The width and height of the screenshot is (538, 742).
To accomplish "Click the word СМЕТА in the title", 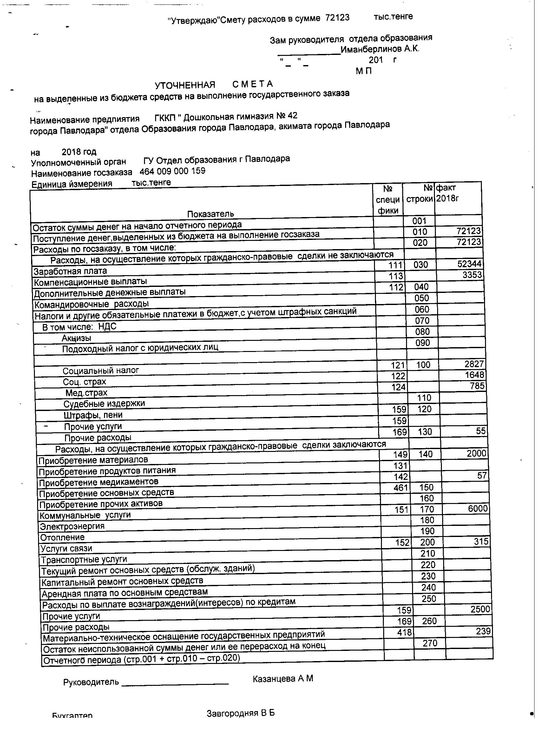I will point(253,84).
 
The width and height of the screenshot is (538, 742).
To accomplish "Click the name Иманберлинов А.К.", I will point(380,50).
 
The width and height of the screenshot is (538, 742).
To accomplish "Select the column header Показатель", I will point(210,214).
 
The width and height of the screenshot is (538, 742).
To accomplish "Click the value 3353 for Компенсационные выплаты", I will point(472,275).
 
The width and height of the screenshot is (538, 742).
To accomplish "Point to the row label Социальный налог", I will point(101,371).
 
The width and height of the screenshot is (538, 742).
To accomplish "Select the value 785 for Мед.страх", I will point(477,386).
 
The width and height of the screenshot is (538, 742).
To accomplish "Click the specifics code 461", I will point(401,488).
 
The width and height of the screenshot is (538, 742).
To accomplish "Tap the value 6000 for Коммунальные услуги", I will point(478,508).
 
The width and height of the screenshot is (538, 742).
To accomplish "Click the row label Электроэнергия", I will point(72,527).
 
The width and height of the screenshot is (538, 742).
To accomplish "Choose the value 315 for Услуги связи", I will point(481,541).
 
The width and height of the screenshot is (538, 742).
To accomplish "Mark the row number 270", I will point(430,643).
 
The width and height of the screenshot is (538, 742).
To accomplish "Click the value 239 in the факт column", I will point(483,631).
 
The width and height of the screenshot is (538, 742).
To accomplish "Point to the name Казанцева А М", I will point(283,679).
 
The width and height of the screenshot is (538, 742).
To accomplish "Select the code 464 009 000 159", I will point(172,171).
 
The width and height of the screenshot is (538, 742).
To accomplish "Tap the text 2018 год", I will point(79,152).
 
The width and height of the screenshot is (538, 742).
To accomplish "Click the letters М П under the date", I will point(364,71).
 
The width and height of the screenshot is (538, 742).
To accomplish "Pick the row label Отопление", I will point(62,538).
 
